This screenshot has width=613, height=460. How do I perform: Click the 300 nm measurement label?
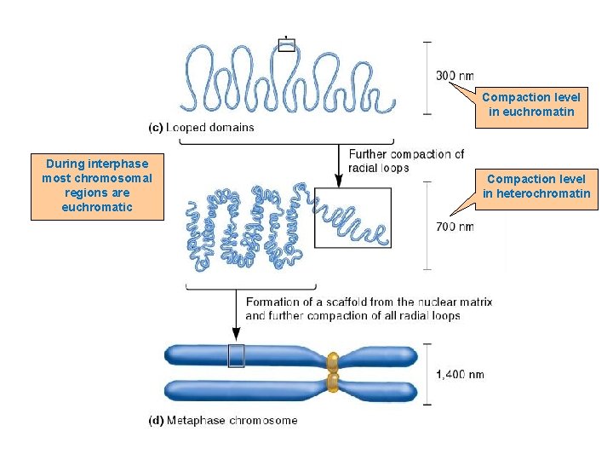tap(455, 77)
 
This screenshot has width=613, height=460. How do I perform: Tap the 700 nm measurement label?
tap(455, 227)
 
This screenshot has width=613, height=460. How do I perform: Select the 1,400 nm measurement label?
tap(460, 374)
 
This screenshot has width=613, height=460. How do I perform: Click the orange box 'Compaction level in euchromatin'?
tap(531, 105)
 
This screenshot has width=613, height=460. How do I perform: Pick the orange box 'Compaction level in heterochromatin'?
tap(536, 186)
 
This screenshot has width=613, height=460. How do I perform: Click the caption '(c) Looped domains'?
tap(201, 128)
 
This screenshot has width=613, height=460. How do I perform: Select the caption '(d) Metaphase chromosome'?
tap(223, 420)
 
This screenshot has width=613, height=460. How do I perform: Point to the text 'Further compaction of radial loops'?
tap(405, 160)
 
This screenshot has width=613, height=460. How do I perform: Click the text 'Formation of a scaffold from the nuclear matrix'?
tap(369, 302)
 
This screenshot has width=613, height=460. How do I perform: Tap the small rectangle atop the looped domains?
tap(286, 46)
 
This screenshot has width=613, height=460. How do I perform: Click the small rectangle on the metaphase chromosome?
tap(236, 355)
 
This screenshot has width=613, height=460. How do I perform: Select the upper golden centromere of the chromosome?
tap(333, 360)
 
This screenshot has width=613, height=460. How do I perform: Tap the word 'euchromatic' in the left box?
tap(97, 207)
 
